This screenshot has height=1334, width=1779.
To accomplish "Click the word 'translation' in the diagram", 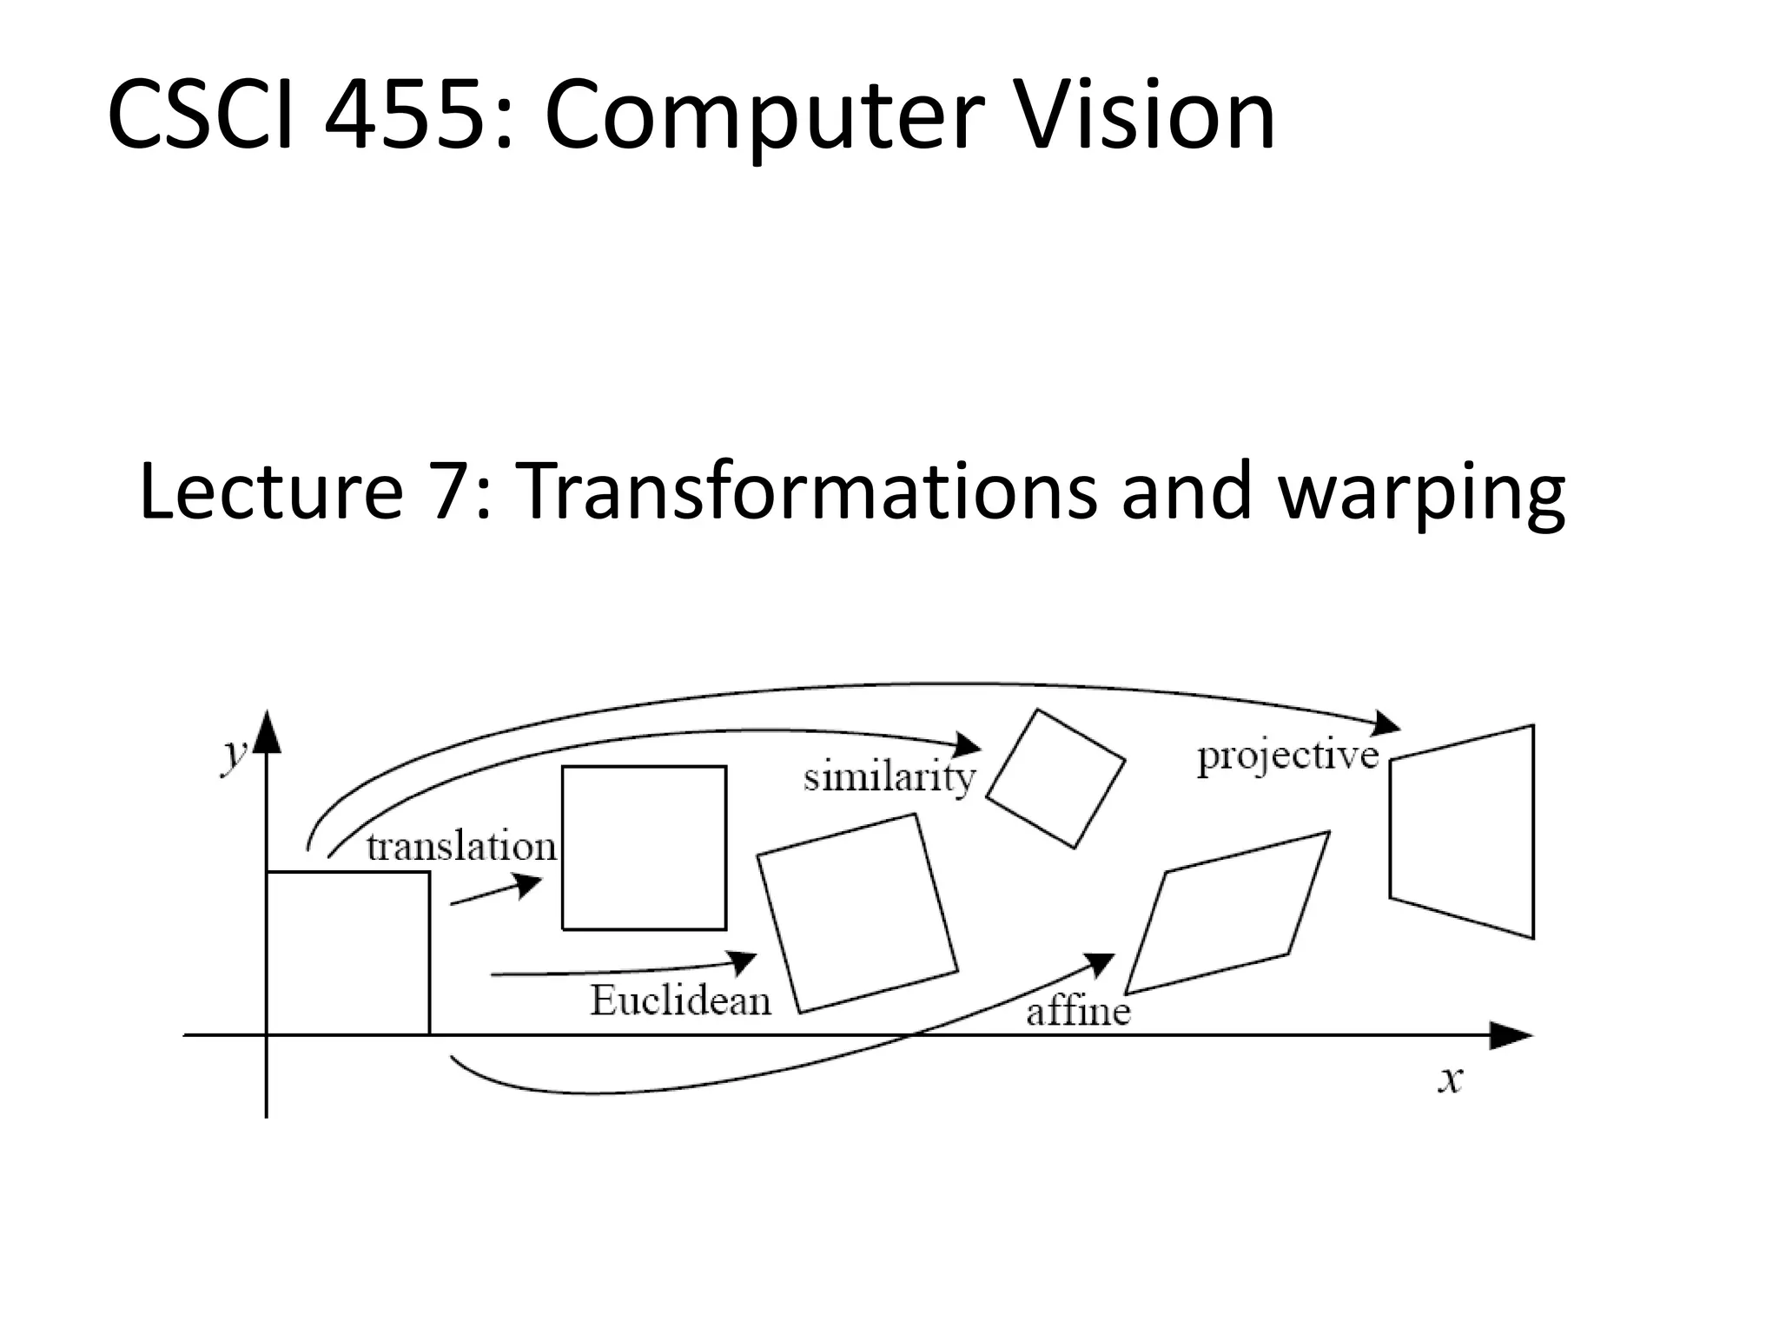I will (x=461, y=847).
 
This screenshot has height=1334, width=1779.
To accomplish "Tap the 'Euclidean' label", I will (x=680, y=1001).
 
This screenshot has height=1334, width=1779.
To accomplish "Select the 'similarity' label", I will (x=889, y=777).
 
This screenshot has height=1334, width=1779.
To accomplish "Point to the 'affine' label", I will (x=1078, y=1012).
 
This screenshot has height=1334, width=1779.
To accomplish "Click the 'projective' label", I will (x=1287, y=756).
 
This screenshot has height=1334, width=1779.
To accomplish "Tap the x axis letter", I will (x=1450, y=1080).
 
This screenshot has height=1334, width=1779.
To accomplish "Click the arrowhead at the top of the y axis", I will (x=267, y=731).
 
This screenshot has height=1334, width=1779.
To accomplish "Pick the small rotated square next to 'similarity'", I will (x=1055, y=779).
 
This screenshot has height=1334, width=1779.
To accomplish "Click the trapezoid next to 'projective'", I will (x=1462, y=831).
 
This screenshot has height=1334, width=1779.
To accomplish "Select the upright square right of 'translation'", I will (x=644, y=848).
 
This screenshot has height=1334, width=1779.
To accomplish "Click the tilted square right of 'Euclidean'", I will (x=857, y=913).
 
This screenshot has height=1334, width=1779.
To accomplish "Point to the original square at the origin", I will (x=347, y=953).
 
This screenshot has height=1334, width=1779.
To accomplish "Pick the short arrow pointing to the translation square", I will (x=496, y=891).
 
